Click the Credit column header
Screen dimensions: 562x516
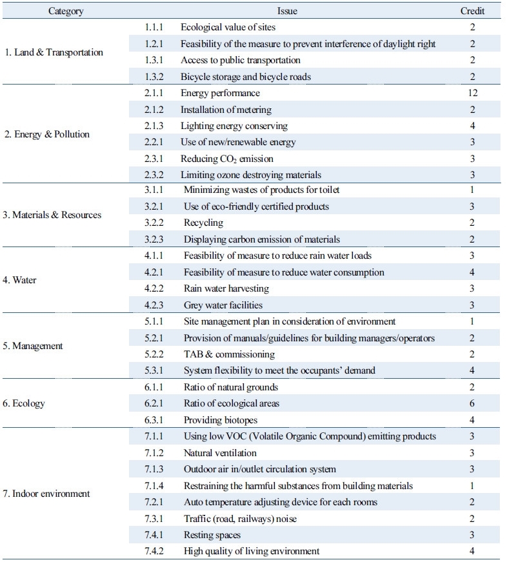tap(472, 11)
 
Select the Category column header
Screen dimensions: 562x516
tap(66, 11)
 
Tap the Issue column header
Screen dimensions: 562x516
tap(288, 11)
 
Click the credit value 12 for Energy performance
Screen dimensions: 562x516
tap(473, 93)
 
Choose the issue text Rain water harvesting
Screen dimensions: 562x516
tap(226, 288)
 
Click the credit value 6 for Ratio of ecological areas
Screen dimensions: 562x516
tap(473, 403)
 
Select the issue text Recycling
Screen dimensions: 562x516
tap(203, 223)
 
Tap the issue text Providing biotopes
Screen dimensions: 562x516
tap(221, 420)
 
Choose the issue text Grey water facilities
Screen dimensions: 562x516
tap(223, 305)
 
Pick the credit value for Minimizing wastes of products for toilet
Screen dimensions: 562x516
tap(473, 190)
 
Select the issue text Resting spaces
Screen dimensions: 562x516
tap(212, 535)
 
